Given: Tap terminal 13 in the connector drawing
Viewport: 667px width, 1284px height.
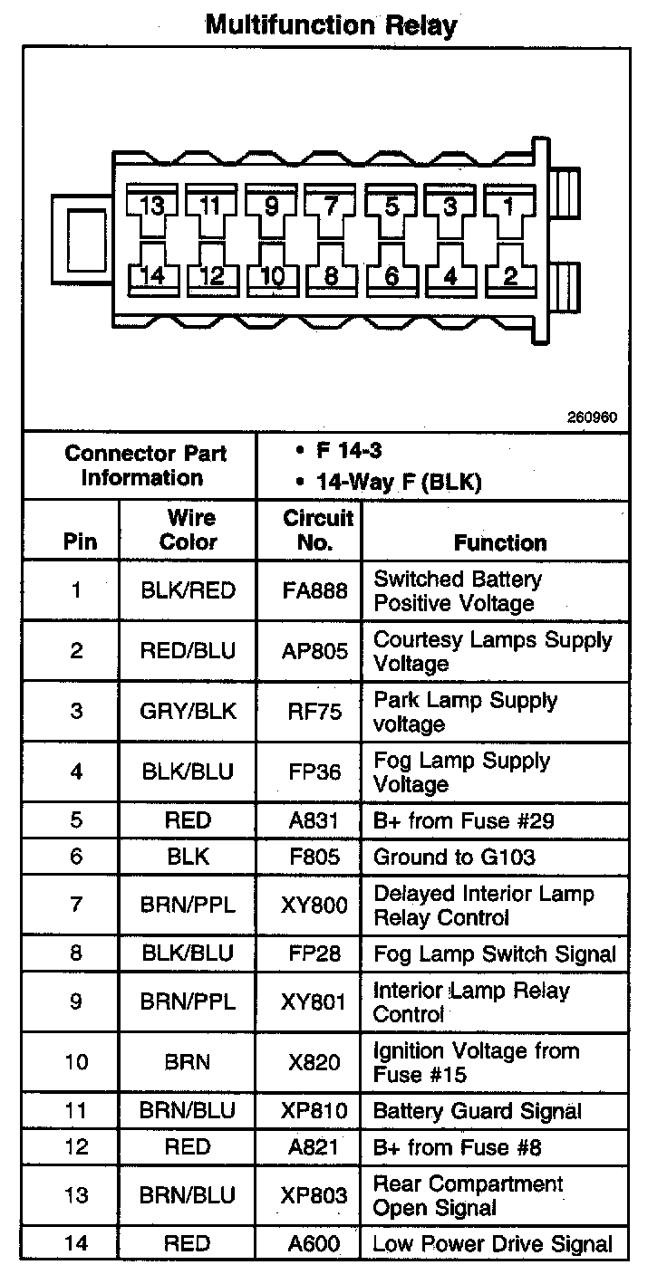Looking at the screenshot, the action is coord(153,206).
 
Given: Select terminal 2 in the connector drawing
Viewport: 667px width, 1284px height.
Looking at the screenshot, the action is coord(509,275).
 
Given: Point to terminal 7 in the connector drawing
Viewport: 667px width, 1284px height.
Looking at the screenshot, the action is coord(331,206).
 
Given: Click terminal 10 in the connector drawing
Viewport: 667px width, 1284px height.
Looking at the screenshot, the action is coord(272,275).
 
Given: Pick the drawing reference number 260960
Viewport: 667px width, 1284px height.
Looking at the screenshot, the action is coord(593,417).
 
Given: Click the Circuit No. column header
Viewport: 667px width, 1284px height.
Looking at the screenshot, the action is coord(317,531).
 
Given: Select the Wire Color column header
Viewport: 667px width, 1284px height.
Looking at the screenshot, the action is coord(188,531).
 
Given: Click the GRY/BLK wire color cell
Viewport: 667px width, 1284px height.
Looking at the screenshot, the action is coord(188,712).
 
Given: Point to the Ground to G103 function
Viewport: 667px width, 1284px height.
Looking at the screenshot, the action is coord(455,857).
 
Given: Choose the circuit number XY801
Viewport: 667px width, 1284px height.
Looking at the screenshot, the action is coord(317,1002).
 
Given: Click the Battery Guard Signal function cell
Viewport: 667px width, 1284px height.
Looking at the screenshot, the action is coord(478,1111).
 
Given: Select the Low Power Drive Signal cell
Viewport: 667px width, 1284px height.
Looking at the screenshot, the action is coord(493,1244).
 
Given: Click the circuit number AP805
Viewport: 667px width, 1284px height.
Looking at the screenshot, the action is coord(316,651).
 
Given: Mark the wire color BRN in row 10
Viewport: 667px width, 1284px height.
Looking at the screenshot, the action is coord(188,1063).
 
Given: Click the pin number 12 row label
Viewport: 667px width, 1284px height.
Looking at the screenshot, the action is coord(76,1147).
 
